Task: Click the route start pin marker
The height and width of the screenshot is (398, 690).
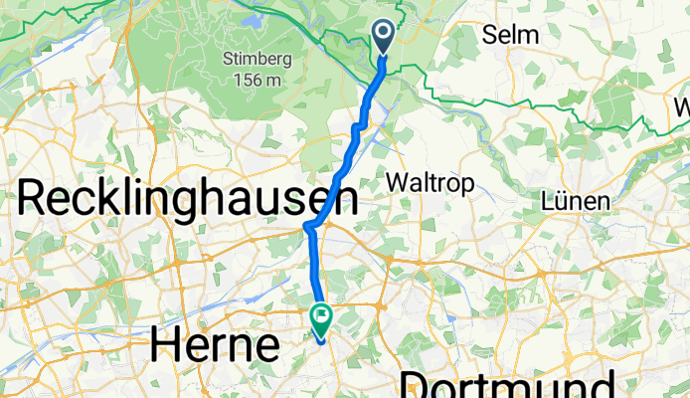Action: [384, 37]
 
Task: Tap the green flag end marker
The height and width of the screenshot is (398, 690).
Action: [321, 318]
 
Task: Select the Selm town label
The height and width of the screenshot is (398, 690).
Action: [510, 35]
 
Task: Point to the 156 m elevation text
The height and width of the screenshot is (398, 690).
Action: [257, 79]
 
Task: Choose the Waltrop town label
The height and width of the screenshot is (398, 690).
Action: [431, 183]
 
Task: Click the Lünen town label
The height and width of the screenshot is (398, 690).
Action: [575, 200]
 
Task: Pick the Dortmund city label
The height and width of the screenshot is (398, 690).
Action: [507, 386]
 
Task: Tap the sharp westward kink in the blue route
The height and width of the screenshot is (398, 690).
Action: [308, 227]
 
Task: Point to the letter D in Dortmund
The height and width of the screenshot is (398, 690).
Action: [416, 386]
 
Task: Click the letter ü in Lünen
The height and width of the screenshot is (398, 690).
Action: [561, 200]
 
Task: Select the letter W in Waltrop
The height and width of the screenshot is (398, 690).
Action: [397, 183]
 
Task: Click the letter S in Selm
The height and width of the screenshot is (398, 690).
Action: [490, 35]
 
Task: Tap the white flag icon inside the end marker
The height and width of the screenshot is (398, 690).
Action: [322, 316]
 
